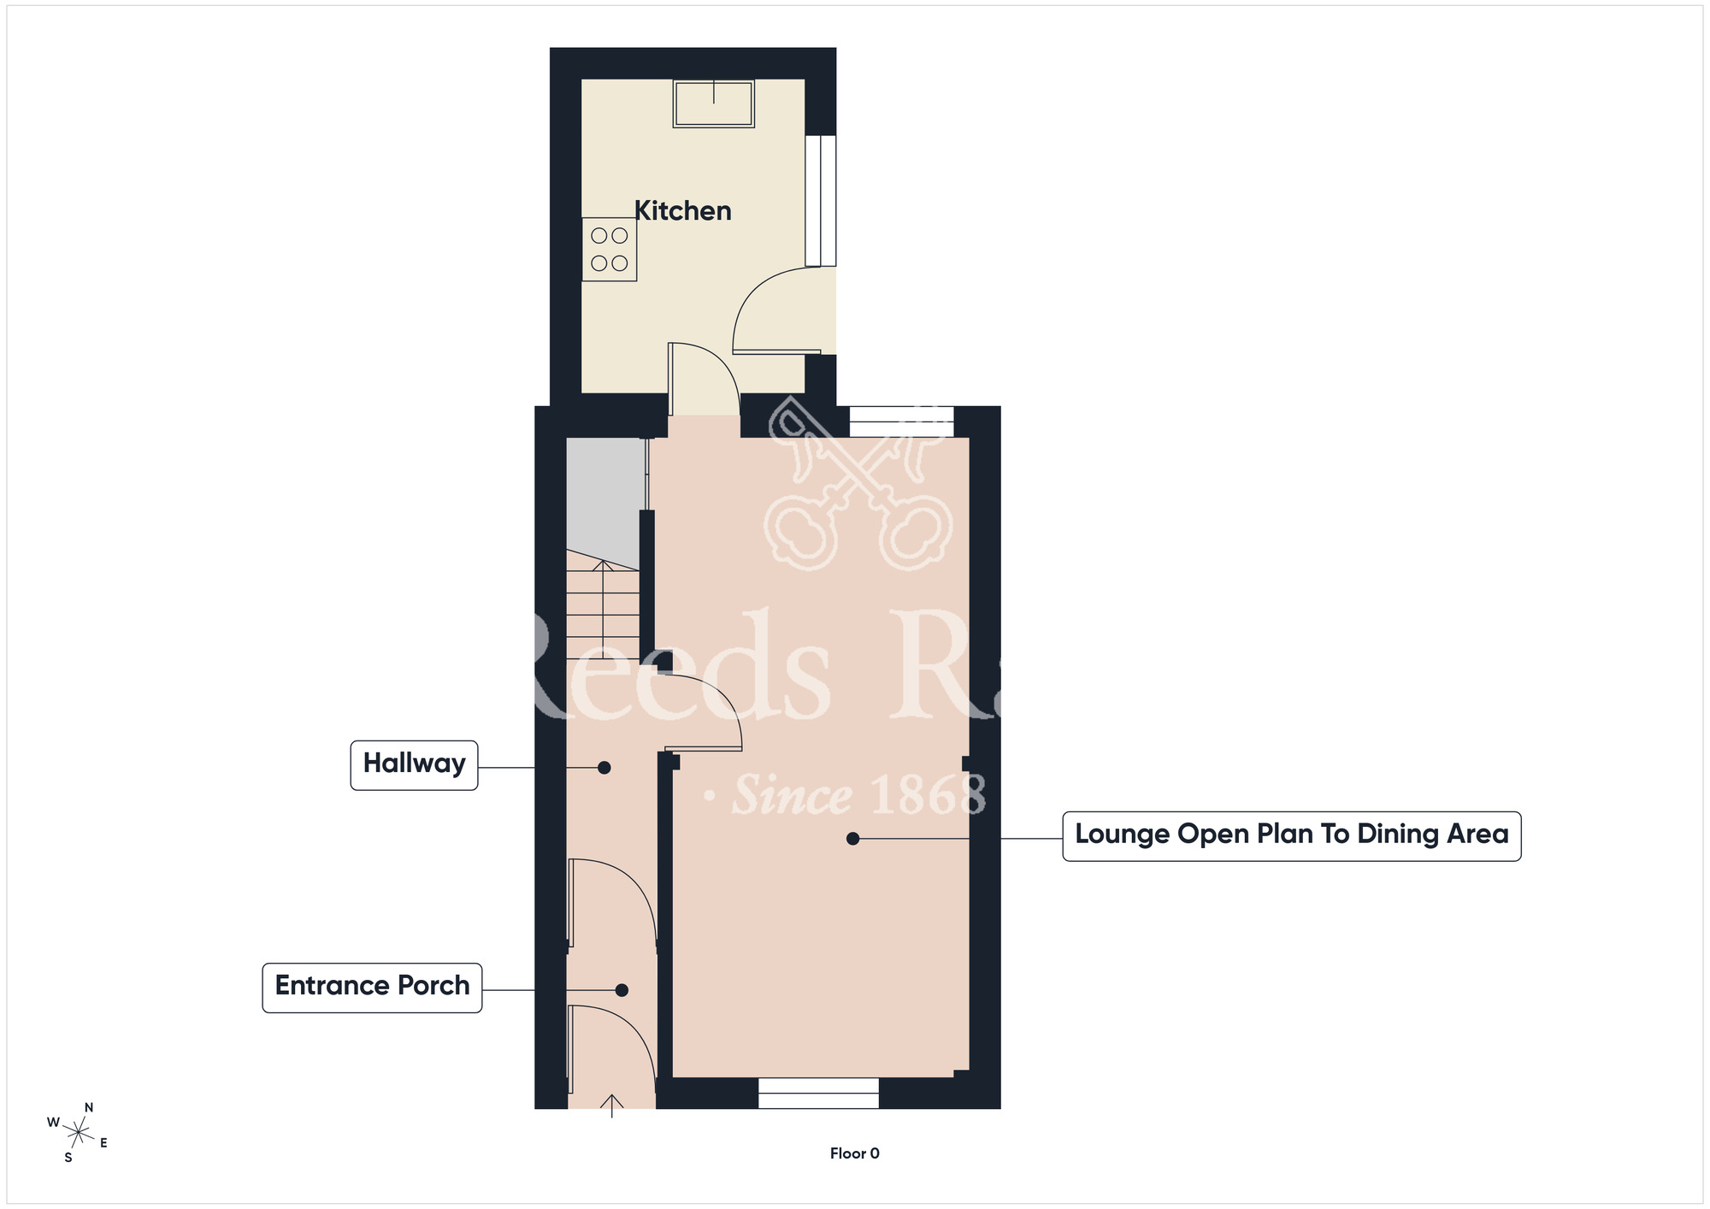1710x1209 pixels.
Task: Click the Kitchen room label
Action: pyautogui.click(x=682, y=211)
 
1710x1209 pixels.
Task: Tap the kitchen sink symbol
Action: pyautogui.click(x=713, y=103)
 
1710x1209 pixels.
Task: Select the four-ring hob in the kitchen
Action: pyautogui.click(x=610, y=249)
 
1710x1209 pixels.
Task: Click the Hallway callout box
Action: pyautogui.click(x=414, y=764)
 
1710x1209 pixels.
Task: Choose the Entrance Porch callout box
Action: pyautogui.click(x=372, y=988)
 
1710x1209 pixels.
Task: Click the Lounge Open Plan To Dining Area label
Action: pyautogui.click(x=1291, y=835)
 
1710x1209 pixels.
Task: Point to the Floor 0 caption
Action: pyautogui.click(x=854, y=1153)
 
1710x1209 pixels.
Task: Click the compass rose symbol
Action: pyautogui.click(x=78, y=1134)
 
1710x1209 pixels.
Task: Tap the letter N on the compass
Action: pyautogui.click(x=89, y=1107)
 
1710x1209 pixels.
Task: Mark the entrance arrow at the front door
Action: pyautogui.click(x=611, y=1105)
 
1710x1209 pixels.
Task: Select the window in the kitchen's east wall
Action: pyautogui.click(x=820, y=200)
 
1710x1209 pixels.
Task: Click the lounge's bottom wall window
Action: pyautogui.click(x=818, y=1093)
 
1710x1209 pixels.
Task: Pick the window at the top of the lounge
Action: pyautogui.click(x=901, y=422)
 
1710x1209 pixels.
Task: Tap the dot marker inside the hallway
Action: pyautogui.click(x=604, y=768)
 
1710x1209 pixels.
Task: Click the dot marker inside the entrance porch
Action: pyautogui.click(x=622, y=990)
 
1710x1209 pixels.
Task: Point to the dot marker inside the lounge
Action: pyautogui.click(x=852, y=839)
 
